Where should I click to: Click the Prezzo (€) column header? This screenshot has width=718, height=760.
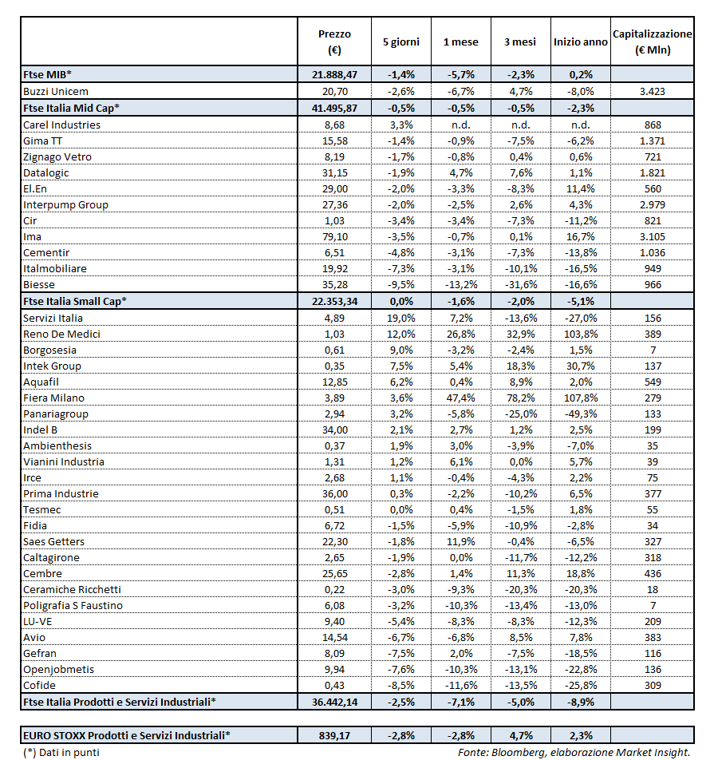pos(334,42)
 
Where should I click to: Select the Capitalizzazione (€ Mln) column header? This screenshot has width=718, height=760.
pos(652,42)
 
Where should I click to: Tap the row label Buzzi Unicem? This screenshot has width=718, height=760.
pos(56,91)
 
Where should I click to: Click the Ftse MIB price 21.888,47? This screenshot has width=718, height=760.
pos(334,74)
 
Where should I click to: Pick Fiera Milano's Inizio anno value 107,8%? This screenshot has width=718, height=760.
pos(581,398)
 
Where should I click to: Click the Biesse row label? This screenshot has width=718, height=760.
pos(40,284)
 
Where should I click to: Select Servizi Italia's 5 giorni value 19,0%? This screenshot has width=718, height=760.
pos(400,318)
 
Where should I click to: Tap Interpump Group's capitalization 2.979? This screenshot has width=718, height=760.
pos(652,204)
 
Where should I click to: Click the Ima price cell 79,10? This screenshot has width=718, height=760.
pos(334,236)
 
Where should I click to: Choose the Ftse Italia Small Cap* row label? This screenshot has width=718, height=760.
pos(75,301)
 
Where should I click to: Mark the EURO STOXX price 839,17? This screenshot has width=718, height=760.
pos(334,734)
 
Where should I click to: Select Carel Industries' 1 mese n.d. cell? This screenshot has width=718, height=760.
pos(460,125)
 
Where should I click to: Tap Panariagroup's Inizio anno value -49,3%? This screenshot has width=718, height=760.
pos(581,414)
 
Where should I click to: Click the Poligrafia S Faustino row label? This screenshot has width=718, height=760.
pos(73,605)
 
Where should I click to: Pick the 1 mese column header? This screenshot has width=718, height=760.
pos(460,42)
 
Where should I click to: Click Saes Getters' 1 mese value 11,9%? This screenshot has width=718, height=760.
pos(460,541)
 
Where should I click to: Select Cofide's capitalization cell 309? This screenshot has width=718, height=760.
pos(652,685)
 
